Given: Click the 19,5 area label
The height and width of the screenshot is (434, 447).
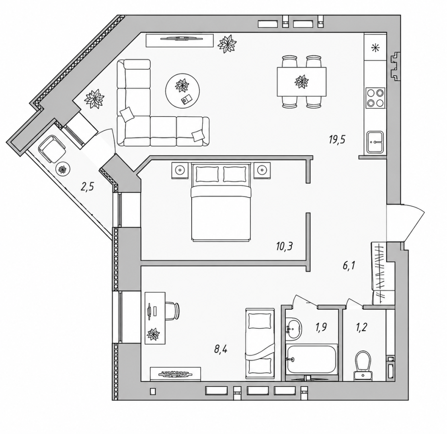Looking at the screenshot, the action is (x=337, y=140).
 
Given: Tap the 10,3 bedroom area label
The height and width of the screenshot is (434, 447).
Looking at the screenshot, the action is (x=284, y=246).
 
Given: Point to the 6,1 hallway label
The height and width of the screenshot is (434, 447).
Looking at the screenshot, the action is (x=349, y=266).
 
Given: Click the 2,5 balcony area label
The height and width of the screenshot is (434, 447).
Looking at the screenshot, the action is (x=88, y=188).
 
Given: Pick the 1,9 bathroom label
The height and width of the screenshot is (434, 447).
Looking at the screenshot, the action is (x=321, y=328).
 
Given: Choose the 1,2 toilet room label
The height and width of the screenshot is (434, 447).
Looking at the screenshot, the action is (x=361, y=328).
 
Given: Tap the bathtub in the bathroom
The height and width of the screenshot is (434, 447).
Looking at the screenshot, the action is (x=312, y=359).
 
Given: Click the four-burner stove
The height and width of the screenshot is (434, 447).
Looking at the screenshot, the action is (x=375, y=98).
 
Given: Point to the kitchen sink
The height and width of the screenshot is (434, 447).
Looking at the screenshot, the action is (x=375, y=141).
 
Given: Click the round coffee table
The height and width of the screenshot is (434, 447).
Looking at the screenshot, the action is (x=182, y=91).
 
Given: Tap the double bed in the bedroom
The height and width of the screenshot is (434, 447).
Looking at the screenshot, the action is (x=221, y=202).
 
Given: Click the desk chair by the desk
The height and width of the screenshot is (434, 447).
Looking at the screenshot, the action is (x=172, y=311).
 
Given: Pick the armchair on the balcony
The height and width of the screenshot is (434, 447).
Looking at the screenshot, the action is (x=52, y=149).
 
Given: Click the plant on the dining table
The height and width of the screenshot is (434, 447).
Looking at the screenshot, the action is (x=301, y=82).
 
